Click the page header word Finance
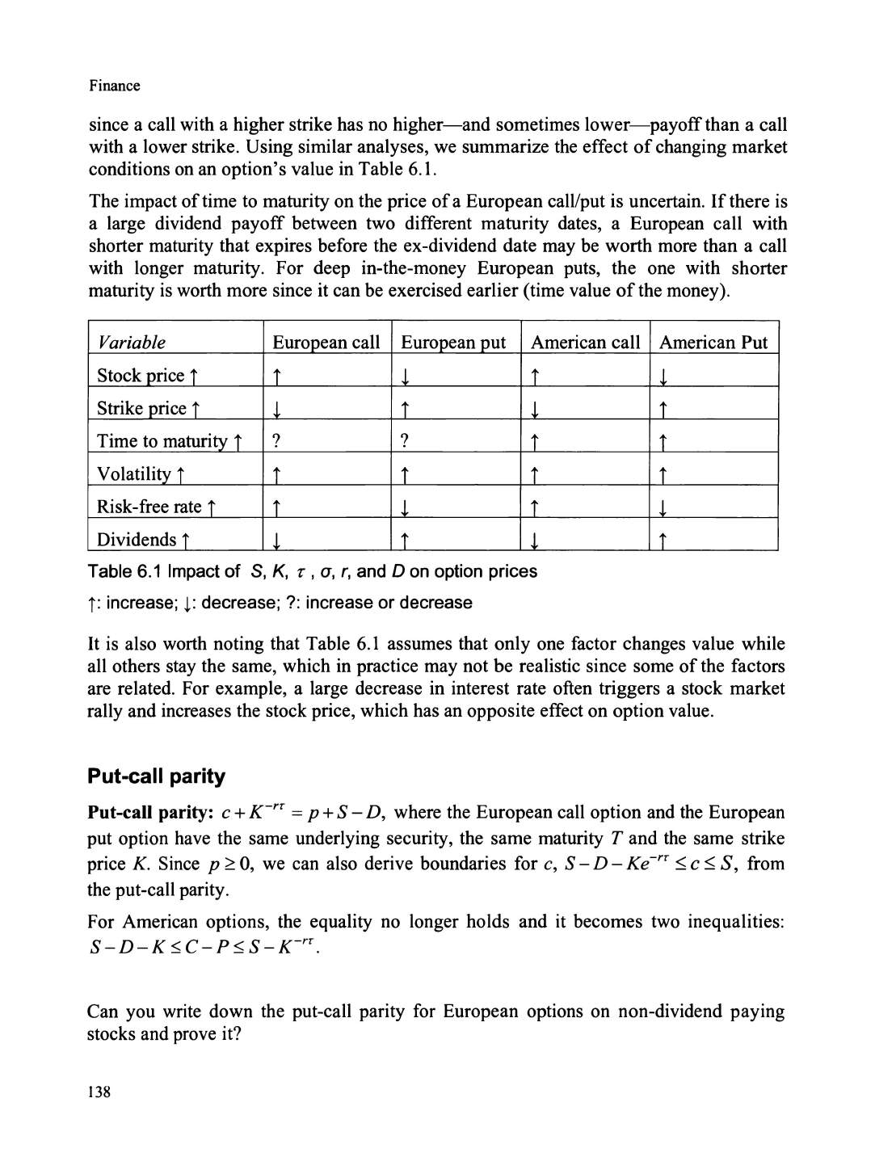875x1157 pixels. point(114,86)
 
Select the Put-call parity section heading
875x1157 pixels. point(156,776)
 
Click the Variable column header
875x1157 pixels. point(131,343)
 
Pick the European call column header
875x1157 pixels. point(326,343)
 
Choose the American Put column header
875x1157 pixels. point(713,343)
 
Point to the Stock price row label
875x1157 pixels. point(147,376)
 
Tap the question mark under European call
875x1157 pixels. point(276,441)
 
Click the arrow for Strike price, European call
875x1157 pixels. point(276,410)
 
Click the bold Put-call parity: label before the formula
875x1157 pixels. point(149,813)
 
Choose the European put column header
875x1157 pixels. point(453,343)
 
